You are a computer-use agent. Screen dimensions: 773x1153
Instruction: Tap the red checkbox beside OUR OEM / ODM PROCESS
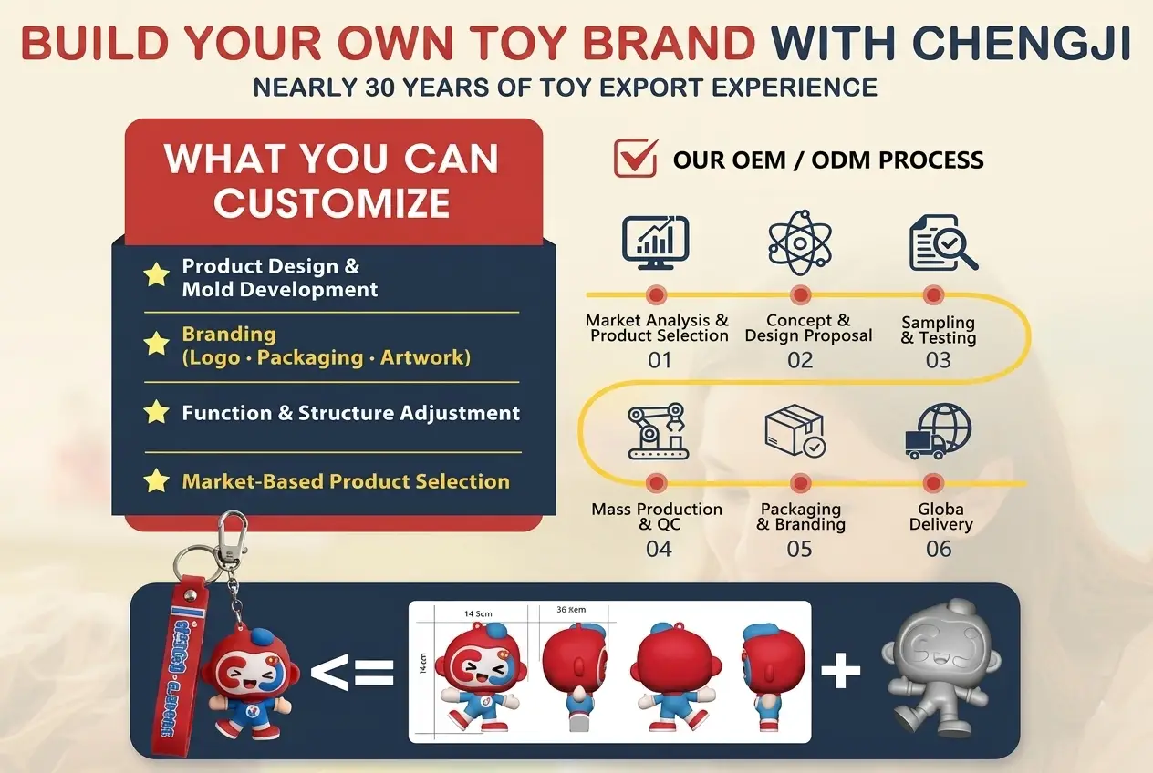[636, 158]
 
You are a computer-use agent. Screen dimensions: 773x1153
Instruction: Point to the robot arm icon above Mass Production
[657, 432]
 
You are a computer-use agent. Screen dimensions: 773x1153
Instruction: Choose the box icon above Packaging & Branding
[795, 430]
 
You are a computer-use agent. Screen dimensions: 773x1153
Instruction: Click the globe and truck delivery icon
[938, 430]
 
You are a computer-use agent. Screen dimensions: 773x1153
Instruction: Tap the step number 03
[938, 360]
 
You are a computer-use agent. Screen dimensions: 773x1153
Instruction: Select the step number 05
[799, 549]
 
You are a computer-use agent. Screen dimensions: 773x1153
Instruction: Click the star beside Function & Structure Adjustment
[157, 412]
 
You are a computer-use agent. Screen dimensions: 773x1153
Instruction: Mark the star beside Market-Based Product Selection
[157, 480]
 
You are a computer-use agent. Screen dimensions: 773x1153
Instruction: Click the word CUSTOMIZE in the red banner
[331, 202]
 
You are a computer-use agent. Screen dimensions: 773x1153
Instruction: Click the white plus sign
[840, 672]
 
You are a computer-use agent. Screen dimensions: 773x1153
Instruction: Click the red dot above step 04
[656, 483]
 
